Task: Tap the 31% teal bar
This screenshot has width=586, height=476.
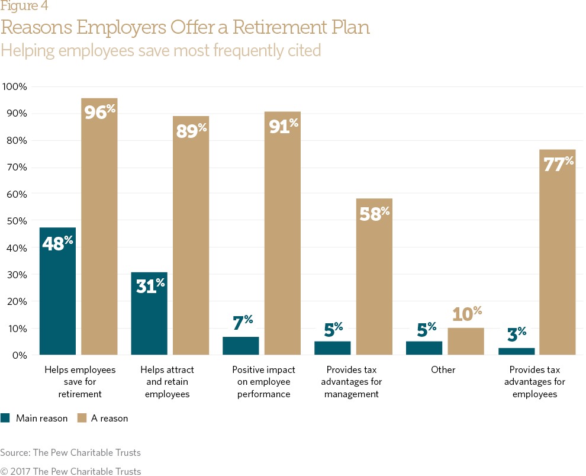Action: tap(149, 314)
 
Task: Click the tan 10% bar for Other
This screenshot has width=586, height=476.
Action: tap(466, 342)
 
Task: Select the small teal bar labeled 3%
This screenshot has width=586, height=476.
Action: tap(516, 351)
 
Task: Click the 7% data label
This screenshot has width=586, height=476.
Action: tap(242, 323)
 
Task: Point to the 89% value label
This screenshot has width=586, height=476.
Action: tap(191, 130)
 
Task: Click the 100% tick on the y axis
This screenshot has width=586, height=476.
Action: tap(15, 86)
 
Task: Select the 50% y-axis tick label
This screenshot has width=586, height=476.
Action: tap(17, 221)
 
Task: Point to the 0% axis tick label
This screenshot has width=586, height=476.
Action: tap(20, 355)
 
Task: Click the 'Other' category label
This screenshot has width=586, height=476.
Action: tap(443, 369)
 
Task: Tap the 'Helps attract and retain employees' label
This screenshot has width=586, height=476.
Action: tap(167, 382)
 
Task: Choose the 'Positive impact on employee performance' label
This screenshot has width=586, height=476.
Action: tap(263, 382)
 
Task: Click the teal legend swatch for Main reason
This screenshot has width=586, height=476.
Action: tap(5, 418)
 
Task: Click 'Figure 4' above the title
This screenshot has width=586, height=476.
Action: tap(24, 7)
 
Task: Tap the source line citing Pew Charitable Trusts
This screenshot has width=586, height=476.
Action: tap(70, 452)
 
